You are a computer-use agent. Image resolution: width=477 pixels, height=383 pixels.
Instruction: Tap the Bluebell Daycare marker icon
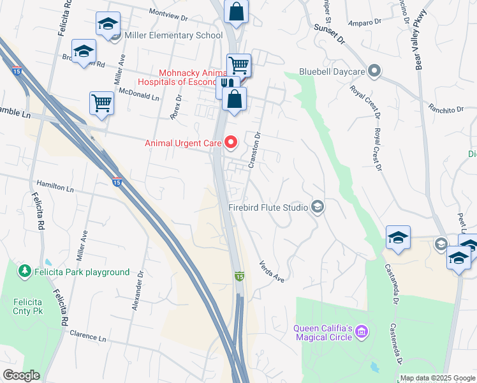[374, 70]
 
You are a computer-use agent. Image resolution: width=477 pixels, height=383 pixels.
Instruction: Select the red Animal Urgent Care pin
[231, 142]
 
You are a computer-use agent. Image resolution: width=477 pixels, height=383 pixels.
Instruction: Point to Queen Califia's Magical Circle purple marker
[362, 331]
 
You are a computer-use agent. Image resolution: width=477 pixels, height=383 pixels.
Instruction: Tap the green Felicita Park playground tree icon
[25, 272]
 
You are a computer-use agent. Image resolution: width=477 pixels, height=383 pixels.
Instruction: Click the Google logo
[21, 375]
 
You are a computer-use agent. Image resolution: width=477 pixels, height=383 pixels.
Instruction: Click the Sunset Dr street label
[329, 34]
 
